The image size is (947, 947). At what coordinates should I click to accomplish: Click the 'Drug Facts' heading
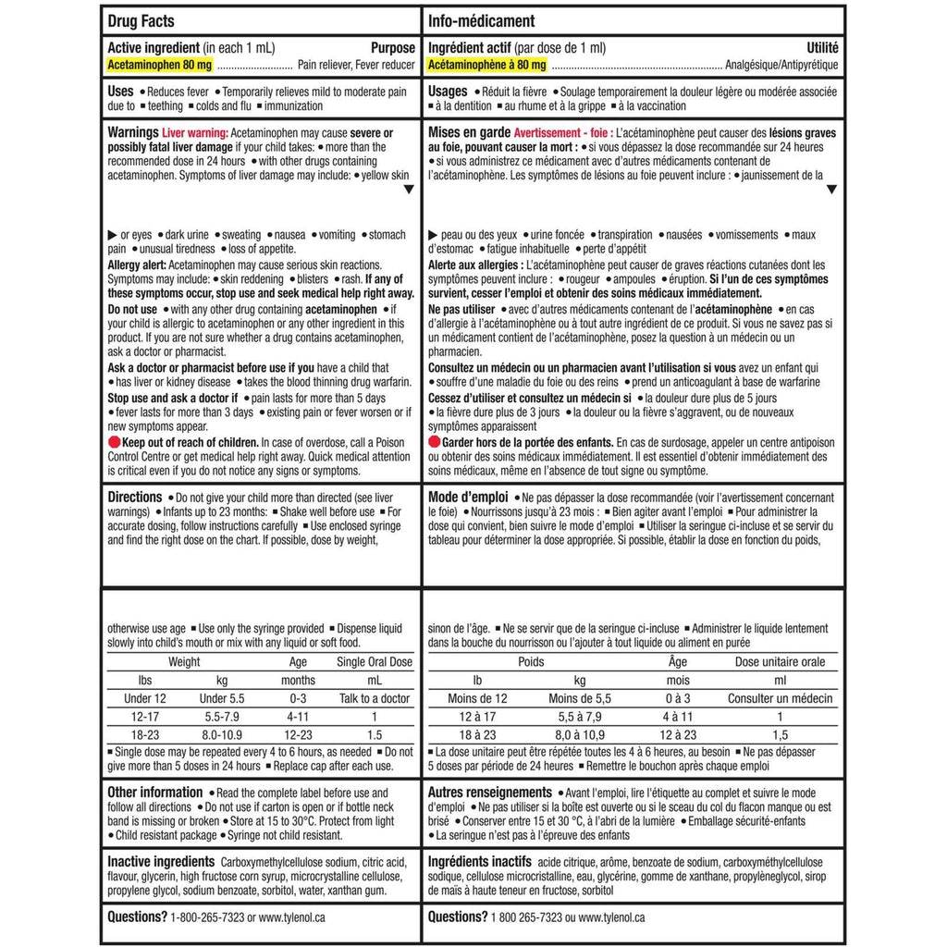pyautogui.click(x=141, y=21)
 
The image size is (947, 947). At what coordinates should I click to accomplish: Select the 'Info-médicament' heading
pyautogui.click(x=481, y=21)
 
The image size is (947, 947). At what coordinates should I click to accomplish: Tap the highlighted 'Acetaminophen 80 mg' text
pyautogui.click(x=160, y=66)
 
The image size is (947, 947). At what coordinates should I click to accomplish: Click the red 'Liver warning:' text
pyautogui.click(x=195, y=133)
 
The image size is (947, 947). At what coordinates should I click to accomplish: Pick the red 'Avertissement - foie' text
pyautogui.click(x=562, y=133)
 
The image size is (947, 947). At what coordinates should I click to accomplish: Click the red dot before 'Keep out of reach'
pyautogui.click(x=114, y=442)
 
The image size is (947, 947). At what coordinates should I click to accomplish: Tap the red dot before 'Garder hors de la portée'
pyautogui.click(x=435, y=442)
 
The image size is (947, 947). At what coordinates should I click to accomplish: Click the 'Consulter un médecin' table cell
pyautogui.click(x=780, y=698)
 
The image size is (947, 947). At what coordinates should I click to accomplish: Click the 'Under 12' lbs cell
pyautogui.click(x=145, y=698)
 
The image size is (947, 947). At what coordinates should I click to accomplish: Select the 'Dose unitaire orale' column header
pyautogui.click(x=780, y=662)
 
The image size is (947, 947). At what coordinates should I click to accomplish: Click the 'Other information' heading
pyautogui.click(x=155, y=793)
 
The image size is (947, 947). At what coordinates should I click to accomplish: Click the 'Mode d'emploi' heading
pyautogui.click(x=466, y=497)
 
